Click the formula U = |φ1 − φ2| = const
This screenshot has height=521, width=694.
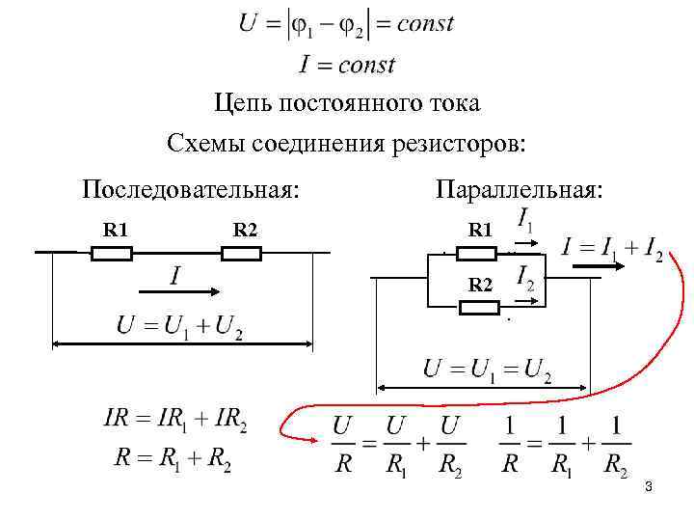pos(346,24)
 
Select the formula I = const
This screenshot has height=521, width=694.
pos(347,65)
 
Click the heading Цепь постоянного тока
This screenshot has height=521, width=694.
pos(347,103)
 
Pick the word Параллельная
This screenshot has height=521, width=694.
pos(520,187)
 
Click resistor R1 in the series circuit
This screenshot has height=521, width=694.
pos(111,253)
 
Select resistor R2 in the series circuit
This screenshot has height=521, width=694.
pos(241,253)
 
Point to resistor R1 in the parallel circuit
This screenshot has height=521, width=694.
pos(476,253)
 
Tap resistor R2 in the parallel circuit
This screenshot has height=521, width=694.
pos(478,308)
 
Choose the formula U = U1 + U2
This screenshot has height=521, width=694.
pos(179,326)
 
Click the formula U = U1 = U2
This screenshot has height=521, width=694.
pos(487,370)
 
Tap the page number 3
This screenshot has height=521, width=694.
pos(649,488)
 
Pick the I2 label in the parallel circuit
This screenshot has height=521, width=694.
pos(526,279)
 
